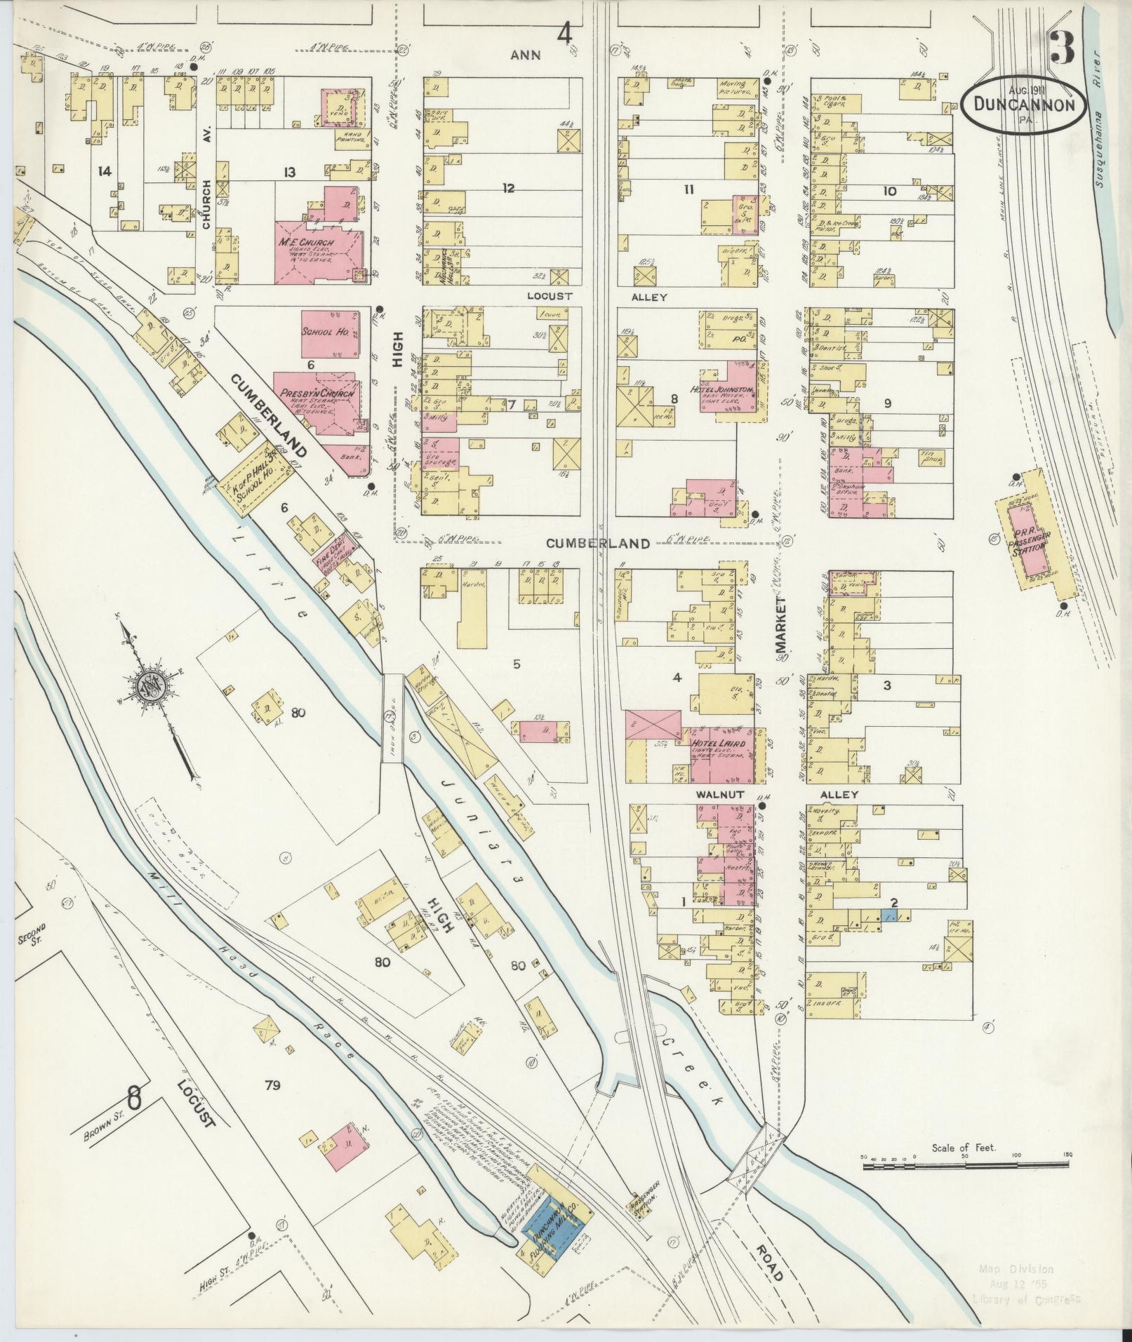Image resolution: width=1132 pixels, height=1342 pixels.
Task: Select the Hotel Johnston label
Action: click(x=731, y=389)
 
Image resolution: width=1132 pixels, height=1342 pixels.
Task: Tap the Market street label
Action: click(x=783, y=628)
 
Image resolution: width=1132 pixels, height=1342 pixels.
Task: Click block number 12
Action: click(x=509, y=188)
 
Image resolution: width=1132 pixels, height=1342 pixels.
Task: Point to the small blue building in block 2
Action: click(x=888, y=916)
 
